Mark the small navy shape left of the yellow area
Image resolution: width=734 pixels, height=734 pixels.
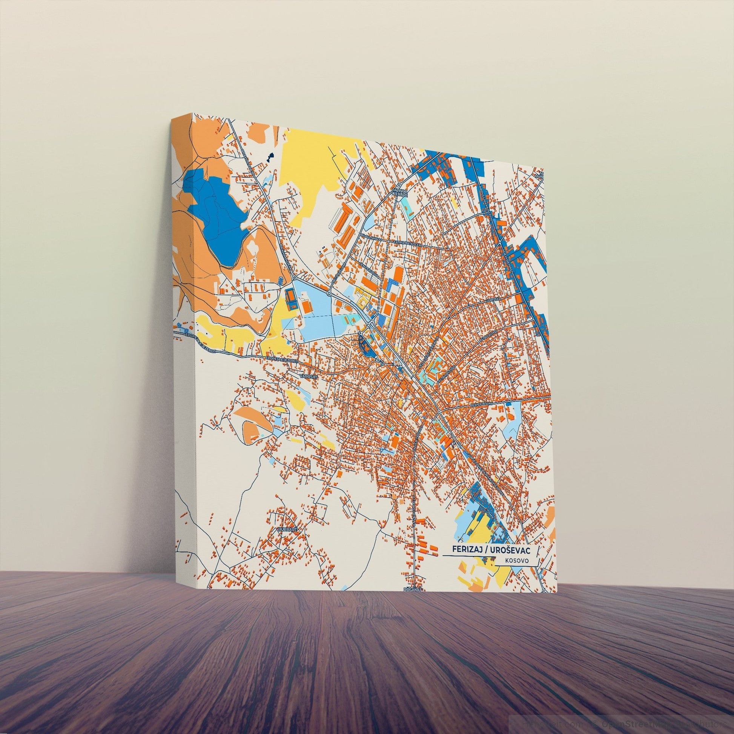click(x=270, y=156)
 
